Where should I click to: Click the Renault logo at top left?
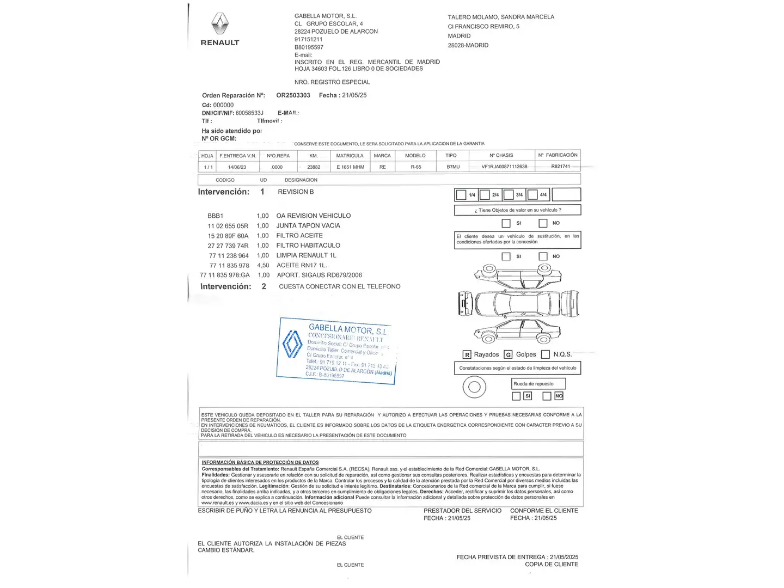click(220, 24)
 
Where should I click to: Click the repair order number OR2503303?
click(293, 95)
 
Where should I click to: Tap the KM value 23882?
click(314, 167)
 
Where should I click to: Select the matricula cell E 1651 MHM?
click(350, 167)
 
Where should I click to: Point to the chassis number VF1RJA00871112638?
click(504, 167)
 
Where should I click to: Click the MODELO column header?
click(415, 156)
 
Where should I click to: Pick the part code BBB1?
click(216, 216)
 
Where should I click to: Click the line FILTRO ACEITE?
click(299, 236)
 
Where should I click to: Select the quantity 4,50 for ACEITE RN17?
click(263, 266)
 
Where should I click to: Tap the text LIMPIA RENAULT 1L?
click(306, 255)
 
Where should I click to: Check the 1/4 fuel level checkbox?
click(461, 195)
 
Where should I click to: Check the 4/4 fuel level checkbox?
click(533, 195)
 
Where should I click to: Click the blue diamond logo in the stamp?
click(292, 344)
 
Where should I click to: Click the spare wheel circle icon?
click(474, 387)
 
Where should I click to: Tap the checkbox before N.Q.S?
click(546, 354)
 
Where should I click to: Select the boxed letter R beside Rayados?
click(467, 355)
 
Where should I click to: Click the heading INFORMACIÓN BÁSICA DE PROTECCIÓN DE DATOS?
click(260, 462)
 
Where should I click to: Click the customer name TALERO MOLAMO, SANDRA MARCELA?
click(501, 17)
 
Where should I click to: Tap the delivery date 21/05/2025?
click(564, 557)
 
